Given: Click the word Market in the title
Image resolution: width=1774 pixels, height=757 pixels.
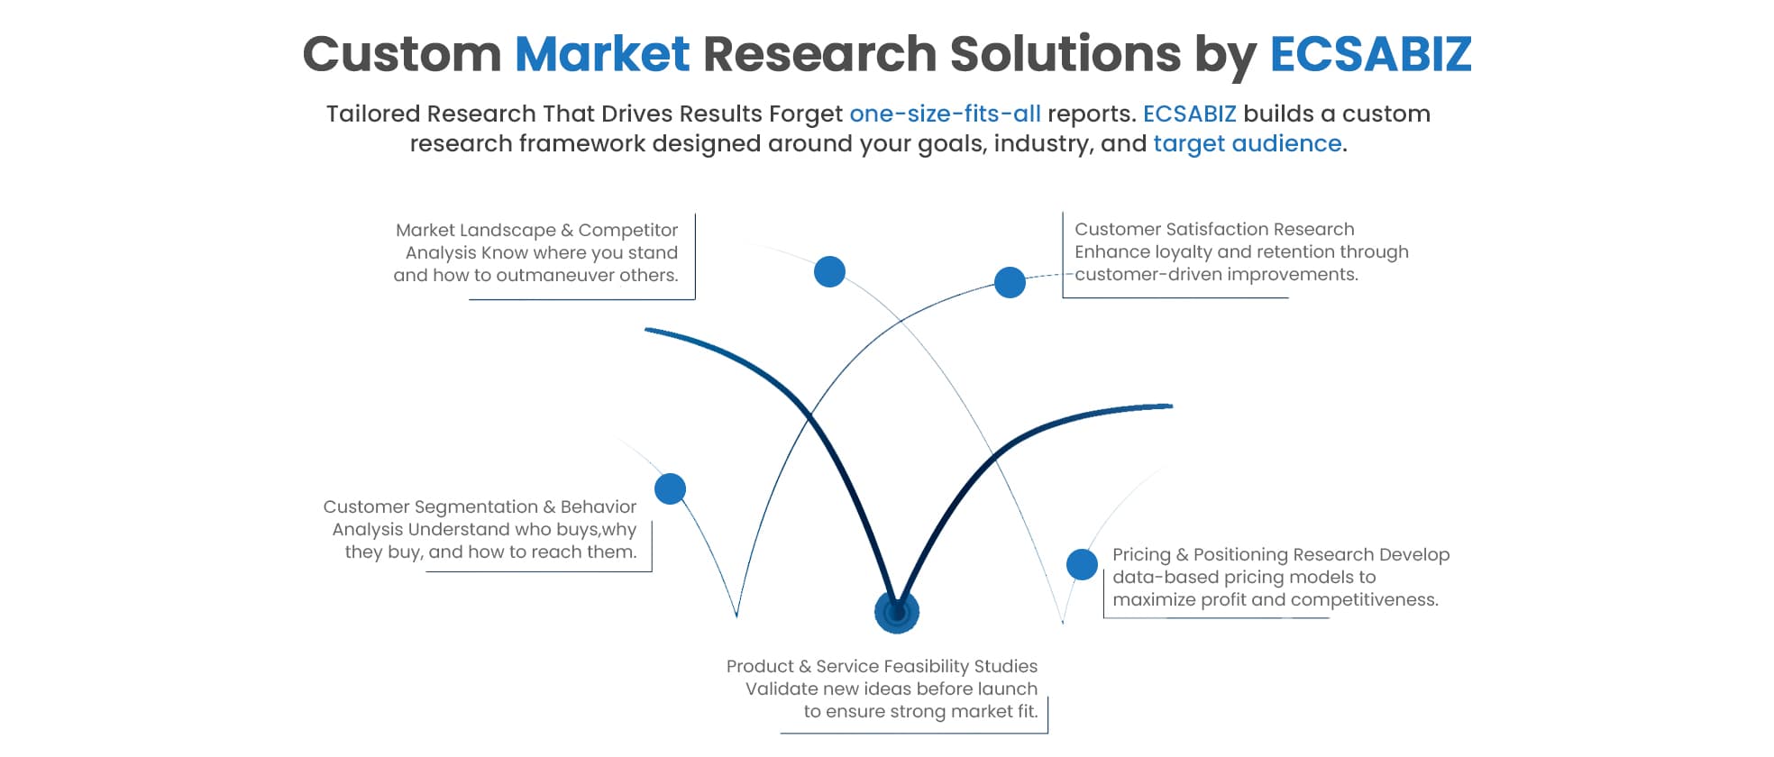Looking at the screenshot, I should pos(601,53).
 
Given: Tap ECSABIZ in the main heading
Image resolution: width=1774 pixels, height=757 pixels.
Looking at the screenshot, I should pos(1370,53).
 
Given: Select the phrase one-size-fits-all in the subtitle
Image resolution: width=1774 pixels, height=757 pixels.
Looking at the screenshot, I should pos(945,114).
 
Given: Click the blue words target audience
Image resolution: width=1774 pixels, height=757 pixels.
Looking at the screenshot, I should pos(1247,144).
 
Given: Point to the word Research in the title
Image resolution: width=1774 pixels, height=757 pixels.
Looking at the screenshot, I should pos(819,53).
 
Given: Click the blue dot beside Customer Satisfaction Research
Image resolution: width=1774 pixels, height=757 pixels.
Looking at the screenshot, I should pos(1010,282).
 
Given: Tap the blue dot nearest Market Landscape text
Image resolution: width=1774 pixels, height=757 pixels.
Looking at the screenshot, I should pos(829,271).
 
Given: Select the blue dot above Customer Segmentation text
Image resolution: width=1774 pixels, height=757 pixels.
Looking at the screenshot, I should pos(670,488).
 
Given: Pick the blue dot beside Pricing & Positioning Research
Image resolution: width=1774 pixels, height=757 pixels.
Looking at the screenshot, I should pos(1082,564).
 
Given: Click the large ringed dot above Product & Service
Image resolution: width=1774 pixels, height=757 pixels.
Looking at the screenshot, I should pos(896,613).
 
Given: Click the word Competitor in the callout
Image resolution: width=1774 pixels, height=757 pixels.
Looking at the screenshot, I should pos(627,231).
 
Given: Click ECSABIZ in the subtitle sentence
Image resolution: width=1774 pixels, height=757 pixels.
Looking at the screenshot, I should pos(1189,114).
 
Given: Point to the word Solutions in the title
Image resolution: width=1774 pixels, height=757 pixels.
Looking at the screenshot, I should pos(1065,53).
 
